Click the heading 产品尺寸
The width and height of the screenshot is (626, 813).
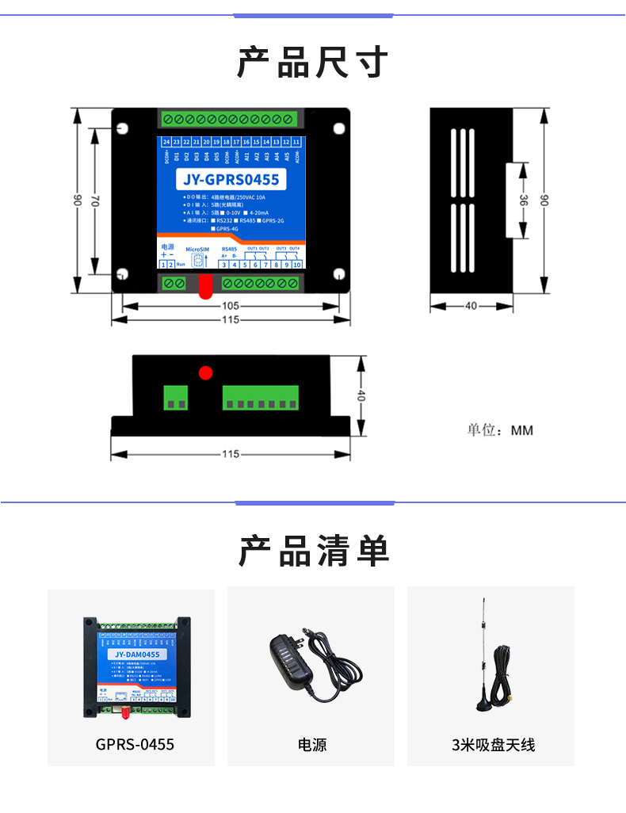pos(313,63)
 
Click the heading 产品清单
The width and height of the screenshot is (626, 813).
pos(313,551)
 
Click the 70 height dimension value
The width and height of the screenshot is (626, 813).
pos(94,202)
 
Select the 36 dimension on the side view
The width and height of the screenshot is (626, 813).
pos(523,200)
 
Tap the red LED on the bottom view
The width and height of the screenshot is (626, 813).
pos(206,372)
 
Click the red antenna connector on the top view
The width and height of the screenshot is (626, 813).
pos(205,287)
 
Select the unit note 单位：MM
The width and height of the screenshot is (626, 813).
pos(500,430)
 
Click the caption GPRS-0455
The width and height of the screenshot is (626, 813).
pos(135,745)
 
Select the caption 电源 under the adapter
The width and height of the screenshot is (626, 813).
pos(311,745)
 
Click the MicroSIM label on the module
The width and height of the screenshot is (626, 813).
pos(197,249)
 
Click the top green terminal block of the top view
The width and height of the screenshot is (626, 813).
pos(230,119)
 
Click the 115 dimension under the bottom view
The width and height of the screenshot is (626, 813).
pos(231,454)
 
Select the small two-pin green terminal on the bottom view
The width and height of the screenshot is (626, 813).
pos(177,397)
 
